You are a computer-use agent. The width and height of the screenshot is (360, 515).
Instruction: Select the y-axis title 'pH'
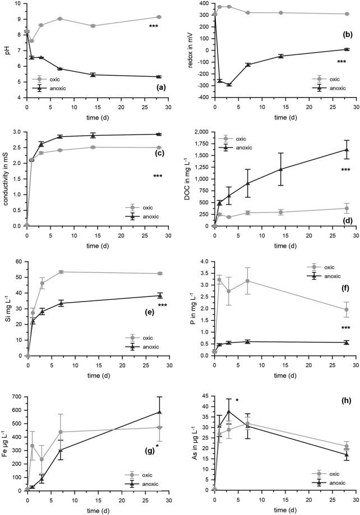[6, 50]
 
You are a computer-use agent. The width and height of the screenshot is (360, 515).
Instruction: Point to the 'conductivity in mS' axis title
[6, 179]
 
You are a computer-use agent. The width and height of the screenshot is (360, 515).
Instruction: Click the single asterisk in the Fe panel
[157, 430]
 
